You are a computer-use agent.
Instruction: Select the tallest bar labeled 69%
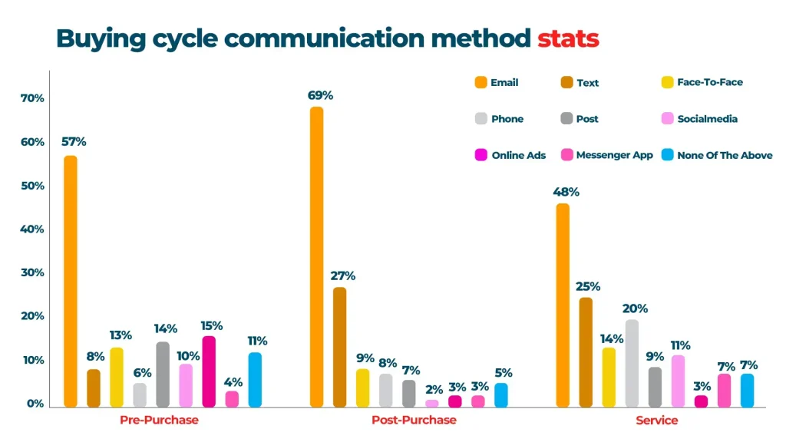(316, 256)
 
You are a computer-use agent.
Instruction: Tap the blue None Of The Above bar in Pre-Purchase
(255, 379)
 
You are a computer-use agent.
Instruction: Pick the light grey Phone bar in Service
(632, 363)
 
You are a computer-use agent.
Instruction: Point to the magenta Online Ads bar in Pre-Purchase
(209, 371)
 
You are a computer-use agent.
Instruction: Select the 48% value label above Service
(566, 192)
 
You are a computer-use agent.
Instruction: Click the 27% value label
(342, 276)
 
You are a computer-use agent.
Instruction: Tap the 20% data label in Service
(635, 308)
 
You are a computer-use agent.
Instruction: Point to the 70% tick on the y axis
(32, 99)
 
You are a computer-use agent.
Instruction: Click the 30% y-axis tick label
(32, 273)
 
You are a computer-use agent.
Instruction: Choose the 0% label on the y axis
(35, 404)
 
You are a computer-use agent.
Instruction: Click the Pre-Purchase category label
(159, 421)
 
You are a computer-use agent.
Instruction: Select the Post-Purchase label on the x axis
(414, 421)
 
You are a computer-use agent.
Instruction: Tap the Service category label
(656, 421)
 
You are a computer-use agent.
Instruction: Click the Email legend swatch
(481, 82)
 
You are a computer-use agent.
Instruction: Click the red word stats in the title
(568, 38)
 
